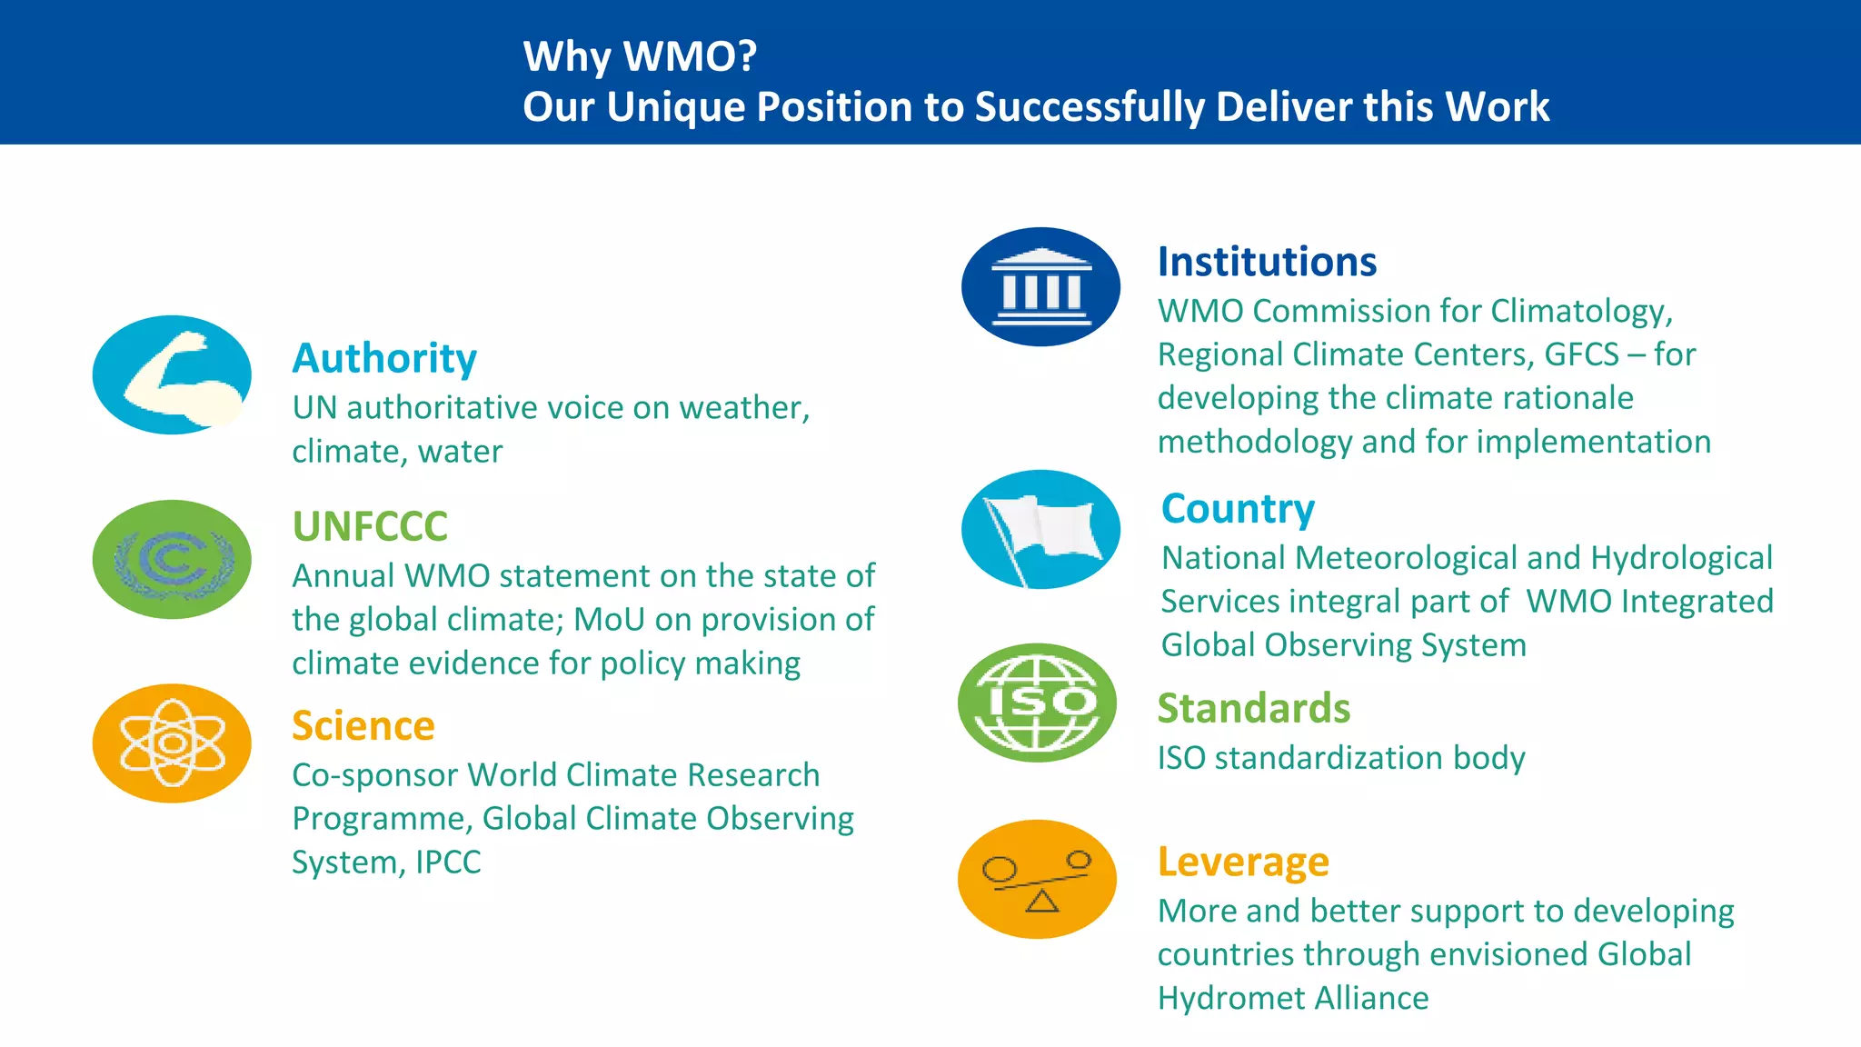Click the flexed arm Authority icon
coord(172,374)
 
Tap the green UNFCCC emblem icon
coord(172,559)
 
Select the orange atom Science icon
coord(172,743)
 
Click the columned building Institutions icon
coord(1040,286)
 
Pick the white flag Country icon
coord(1040,529)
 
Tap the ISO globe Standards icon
coord(1037,703)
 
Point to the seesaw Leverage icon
coord(1037,879)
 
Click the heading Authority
coord(384,358)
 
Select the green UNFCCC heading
coord(370,526)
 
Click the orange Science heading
coord(363,726)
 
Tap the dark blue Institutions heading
coord(1267,262)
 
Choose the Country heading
coord(1238,509)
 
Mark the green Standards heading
coord(1254,709)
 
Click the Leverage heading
coord(1243,862)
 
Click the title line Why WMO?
coord(640,56)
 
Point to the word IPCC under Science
coord(448,862)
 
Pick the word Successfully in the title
coord(1090,107)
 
